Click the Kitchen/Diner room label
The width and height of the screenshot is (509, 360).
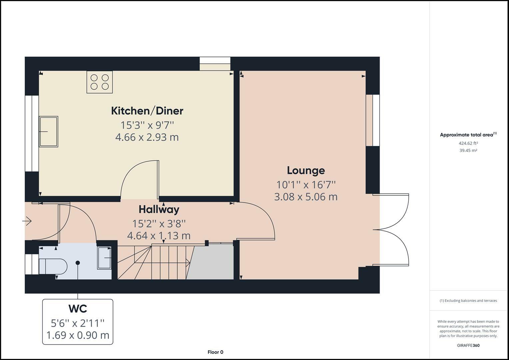(147, 111)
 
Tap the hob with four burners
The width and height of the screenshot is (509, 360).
(99, 82)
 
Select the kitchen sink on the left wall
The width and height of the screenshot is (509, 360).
(48, 132)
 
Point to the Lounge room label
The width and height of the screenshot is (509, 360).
(306, 170)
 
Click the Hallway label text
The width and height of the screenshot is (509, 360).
(159, 209)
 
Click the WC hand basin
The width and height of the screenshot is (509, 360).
(104, 258)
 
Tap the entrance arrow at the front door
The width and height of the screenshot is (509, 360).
(27, 221)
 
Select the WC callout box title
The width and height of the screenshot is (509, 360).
(78, 309)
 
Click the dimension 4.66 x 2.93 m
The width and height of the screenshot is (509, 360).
(147, 137)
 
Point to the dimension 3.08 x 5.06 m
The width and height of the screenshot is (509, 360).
(306, 197)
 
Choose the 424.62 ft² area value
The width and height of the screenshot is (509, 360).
(468, 143)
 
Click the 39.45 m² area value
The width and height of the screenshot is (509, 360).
(468, 150)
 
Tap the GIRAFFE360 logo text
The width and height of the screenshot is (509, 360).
(468, 345)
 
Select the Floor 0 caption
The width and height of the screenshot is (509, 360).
(215, 352)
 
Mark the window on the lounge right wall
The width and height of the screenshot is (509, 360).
(373, 120)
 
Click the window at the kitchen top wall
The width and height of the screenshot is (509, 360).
(215, 64)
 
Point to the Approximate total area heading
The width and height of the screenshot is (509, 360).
(466, 135)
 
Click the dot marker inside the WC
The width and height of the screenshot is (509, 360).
(78, 263)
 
